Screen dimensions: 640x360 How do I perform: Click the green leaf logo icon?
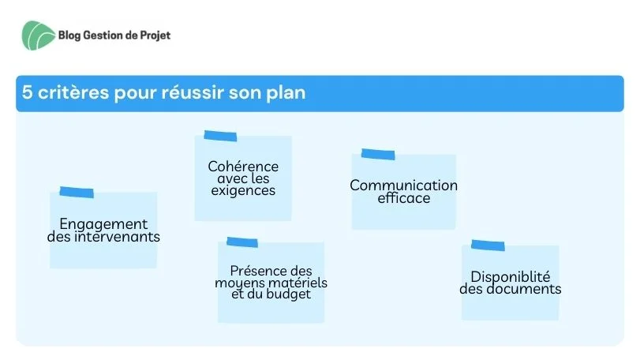pyautogui.click(x=39, y=36)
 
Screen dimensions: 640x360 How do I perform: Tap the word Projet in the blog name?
pyautogui.click(x=155, y=36)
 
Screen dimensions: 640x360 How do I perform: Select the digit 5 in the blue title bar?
pyautogui.click(x=27, y=92)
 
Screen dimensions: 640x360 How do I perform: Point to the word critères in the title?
pyautogui.click(x=73, y=92)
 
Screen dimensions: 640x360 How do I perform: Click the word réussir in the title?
pyautogui.click(x=193, y=92)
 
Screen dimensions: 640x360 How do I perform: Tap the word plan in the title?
pyautogui.click(x=286, y=93)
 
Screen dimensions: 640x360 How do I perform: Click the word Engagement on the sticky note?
pyautogui.click(x=103, y=224)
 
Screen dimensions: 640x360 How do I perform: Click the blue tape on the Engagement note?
pyautogui.click(x=77, y=193)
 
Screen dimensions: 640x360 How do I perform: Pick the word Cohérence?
pyautogui.click(x=243, y=166)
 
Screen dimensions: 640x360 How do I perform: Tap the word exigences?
pyautogui.click(x=243, y=190)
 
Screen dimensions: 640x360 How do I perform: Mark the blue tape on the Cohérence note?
pyautogui.click(x=220, y=136)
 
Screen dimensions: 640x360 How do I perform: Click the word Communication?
pyautogui.click(x=404, y=186)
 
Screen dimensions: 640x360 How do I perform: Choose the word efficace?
pyautogui.click(x=404, y=198)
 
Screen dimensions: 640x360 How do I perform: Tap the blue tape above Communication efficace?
pyautogui.click(x=378, y=154)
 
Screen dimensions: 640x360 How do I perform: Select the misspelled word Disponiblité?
pyautogui.click(x=511, y=277)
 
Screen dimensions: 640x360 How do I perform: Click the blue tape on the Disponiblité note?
pyautogui.click(x=488, y=246)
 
